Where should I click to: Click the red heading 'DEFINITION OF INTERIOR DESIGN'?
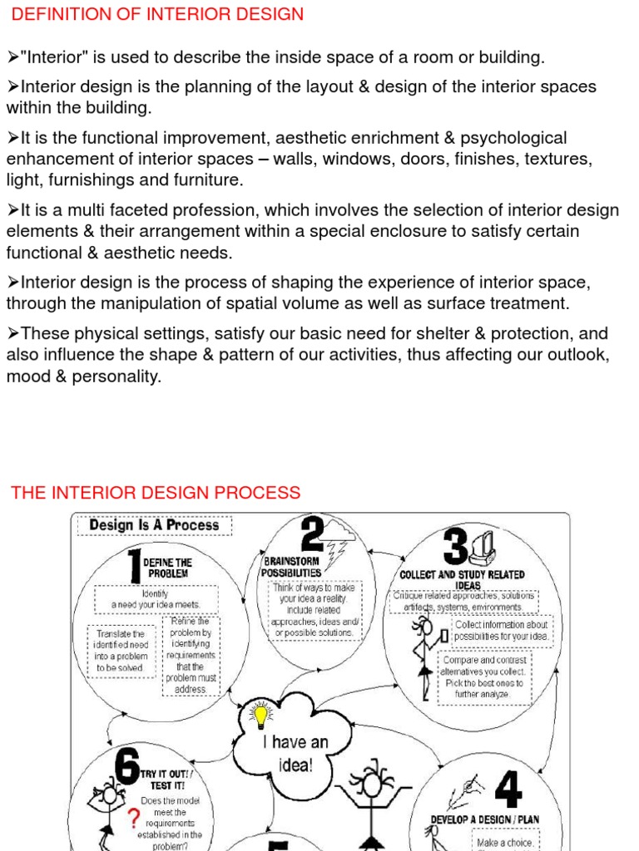click(157, 14)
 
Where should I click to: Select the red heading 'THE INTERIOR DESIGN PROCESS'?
click(156, 492)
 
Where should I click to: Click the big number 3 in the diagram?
click(455, 548)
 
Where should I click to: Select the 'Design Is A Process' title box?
click(154, 525)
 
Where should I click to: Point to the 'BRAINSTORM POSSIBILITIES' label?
click(291, 567)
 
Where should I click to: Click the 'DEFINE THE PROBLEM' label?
click(169, 568)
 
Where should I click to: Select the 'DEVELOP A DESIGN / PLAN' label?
click(485, 819)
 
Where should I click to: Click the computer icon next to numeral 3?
click(483, 546)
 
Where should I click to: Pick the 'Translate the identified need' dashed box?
click(121, 651)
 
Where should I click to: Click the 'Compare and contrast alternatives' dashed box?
click(484, 676)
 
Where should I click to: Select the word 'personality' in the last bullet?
click(117, 376)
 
